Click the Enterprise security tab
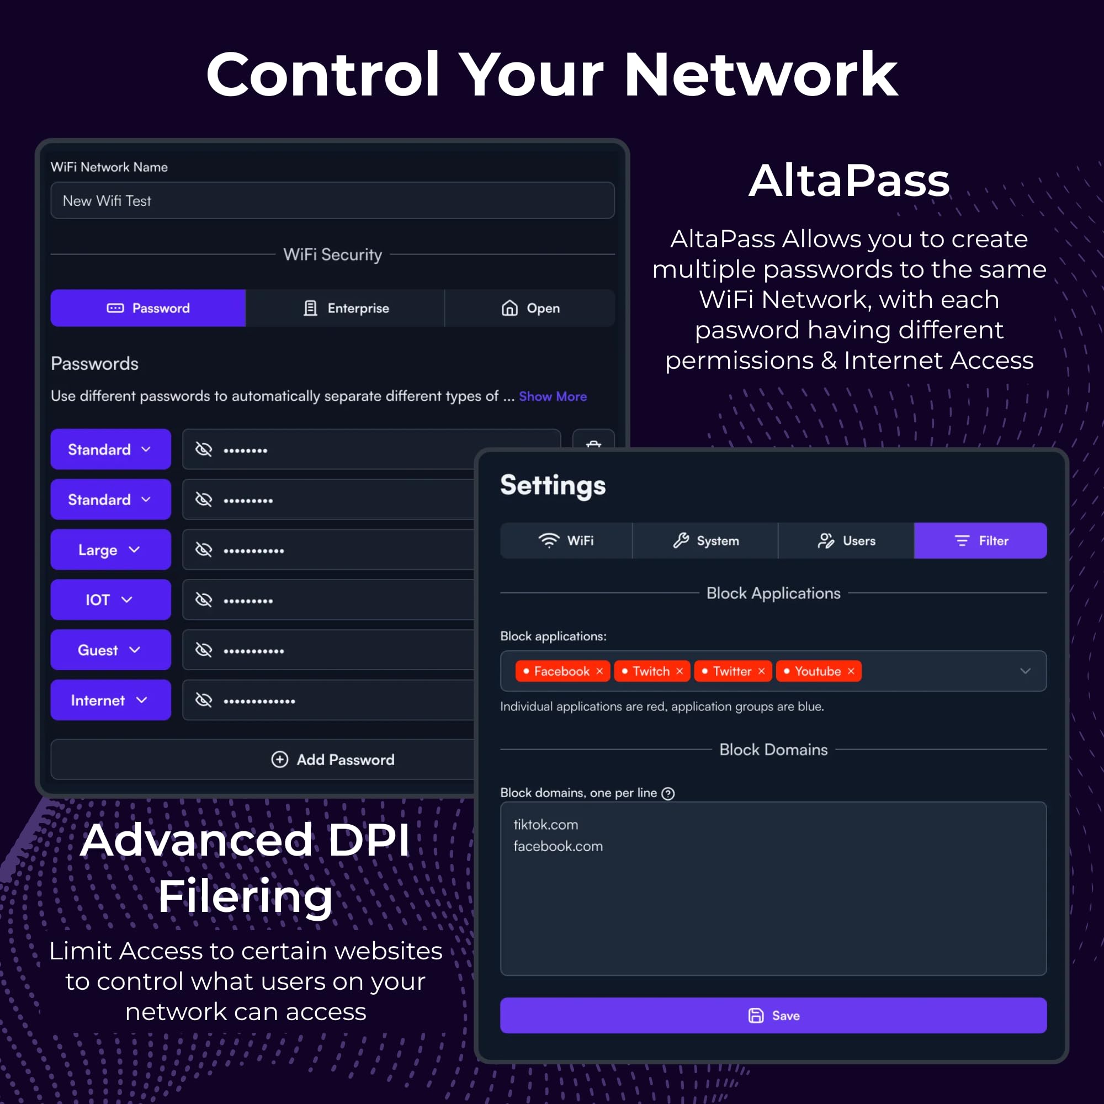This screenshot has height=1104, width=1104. point(345,308)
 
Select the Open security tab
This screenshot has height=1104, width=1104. point(530,308)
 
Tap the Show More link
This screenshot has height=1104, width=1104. point(552,396)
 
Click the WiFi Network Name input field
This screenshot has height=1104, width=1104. point(332,200)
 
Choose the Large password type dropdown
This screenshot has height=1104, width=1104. point(110,550)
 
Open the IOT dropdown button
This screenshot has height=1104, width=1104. point(110,599)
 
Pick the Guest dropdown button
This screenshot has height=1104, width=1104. point(110,650)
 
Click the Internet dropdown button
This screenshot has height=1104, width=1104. point(110,700)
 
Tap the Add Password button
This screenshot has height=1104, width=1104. point(332,760)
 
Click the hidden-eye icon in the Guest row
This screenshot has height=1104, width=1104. point(204,650)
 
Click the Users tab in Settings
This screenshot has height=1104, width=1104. point(846,540)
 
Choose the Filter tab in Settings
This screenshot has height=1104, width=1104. point(980,540)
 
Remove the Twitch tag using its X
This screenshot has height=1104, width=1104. point(680,671)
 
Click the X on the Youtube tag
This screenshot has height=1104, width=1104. point(851,671)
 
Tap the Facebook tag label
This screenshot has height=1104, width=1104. point(561,671)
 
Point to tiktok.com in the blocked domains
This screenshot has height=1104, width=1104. point(546,825)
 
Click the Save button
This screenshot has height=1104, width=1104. point(773,1016)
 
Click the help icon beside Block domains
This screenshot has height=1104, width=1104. point(668,793)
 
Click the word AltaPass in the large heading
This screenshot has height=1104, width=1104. point(849,181)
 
